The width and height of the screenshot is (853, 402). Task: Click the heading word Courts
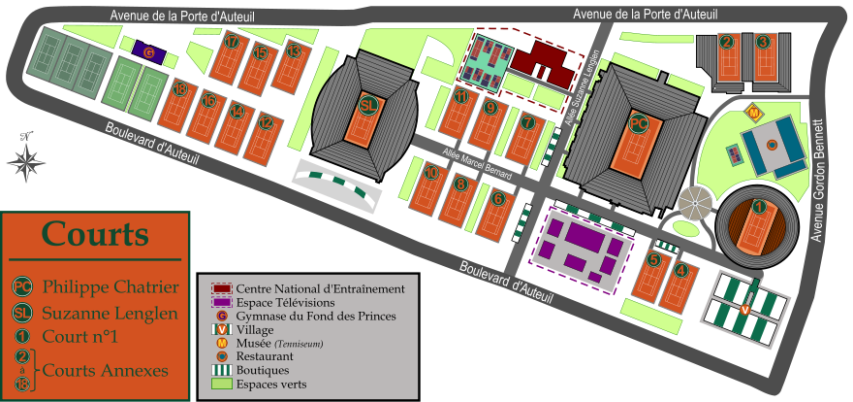click(x=95, y=235)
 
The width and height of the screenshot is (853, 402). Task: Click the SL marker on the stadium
click(x=367, y=105)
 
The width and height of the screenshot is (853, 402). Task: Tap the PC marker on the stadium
click(x=638, y=124)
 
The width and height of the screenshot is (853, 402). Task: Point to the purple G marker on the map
click(x=148, y=52)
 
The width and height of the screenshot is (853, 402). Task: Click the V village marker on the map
click(x=744, y=309)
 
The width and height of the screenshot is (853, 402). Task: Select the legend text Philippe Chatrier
click(x=110, y=287)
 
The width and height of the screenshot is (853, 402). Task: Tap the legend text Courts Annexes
click(x=105, y=370)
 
